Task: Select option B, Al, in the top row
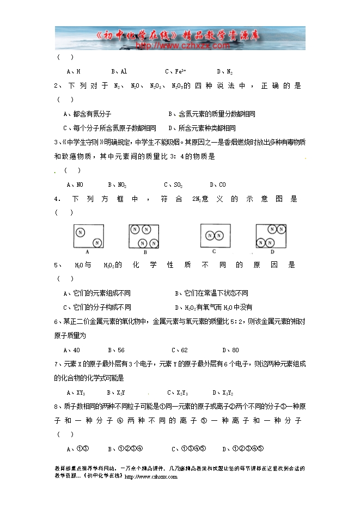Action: tap(119, 71)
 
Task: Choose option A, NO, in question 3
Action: tap(75, 185)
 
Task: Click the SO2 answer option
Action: tap(175, 185)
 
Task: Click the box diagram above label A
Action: tap(88, 237)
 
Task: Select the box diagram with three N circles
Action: tap(145, 236)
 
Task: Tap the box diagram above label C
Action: tap(215, 235)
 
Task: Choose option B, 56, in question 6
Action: tap(116, 350)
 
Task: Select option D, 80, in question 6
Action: tap(231, 350)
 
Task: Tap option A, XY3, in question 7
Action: tap(76, 393)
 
